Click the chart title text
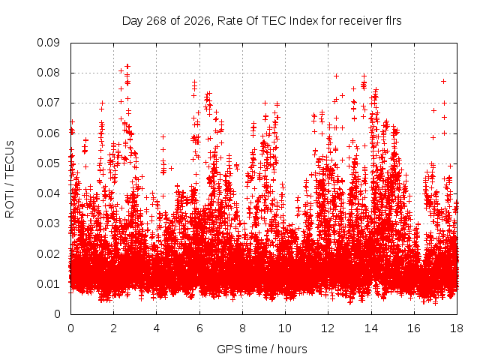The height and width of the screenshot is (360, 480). pyautogui.click(x=262, y=21)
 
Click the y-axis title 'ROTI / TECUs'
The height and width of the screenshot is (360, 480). pyautogui.click(x=10, y=179)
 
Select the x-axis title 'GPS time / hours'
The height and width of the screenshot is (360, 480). pyautogui.click(x=262, y=349)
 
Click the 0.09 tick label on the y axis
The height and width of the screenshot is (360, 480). pyautogui.click(x=48, y=43)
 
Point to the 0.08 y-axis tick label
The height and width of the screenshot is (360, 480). pyautogui.click(x=48, y=73)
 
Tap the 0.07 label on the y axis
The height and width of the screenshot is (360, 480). pyautogui.click(x=48, y=103)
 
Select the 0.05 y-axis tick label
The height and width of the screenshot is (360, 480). pyautogui.click(x=48, y=163)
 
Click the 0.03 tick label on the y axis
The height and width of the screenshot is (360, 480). pyautogui.click(x=48, y=223)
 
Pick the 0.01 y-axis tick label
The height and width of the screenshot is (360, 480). pyautogui.click(x=48, y=283)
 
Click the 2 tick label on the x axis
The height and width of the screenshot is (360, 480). pyautogui.click(x=113, y=328)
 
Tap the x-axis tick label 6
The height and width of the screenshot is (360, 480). pyautogui.click(x=199, y=328)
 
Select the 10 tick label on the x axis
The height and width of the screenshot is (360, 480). pyautogui.click(x=285, y=328)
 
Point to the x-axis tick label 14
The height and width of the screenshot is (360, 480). pyautogui.click(x=371, y=328)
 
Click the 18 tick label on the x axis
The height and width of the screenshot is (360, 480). pyautogui.click(x=457, y=328)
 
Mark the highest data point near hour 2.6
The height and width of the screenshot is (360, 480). pyautogui.click(x=127, y=66)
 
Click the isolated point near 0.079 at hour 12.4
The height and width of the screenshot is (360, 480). pyautogui.click(x=337, y=76)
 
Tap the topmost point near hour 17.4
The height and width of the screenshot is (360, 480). pyautogui.click(x=443, y=81)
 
